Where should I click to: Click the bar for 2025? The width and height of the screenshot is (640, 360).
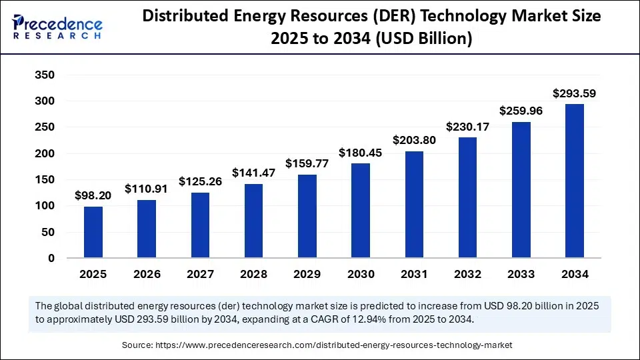93,232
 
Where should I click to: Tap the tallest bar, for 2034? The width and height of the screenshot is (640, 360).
575,181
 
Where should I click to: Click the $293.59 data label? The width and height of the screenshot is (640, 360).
574,93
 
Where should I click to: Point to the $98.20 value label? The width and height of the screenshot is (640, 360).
93,195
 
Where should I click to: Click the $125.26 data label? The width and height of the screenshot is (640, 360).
200,181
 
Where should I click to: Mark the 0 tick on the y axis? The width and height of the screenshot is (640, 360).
51,259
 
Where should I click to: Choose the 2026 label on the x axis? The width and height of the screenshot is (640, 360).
147,274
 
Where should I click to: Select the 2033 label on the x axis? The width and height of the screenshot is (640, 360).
521,274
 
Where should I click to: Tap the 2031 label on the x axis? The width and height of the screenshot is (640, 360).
414,274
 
